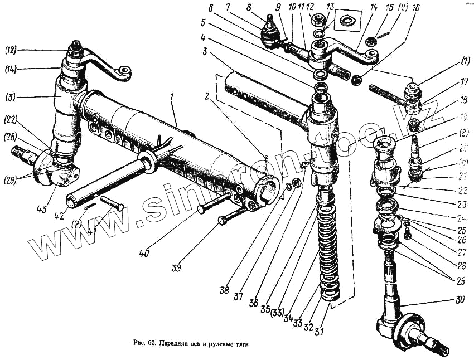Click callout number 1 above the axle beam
pyautogui.click(x=174, y=98)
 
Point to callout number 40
pyautogui.click(x=144, y=254)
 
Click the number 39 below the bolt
pyautogui.click(x=177, y=268)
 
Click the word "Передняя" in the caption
pyautogui.click(x=175, y=345)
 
